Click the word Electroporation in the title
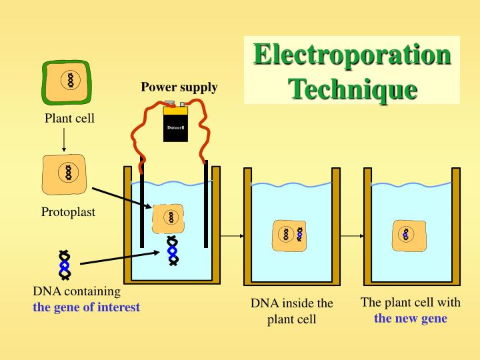352,55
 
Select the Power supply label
179,87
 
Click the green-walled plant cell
67,81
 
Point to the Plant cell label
69,119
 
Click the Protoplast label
68,212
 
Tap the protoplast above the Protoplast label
67,173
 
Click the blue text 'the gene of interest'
87,307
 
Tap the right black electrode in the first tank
206,203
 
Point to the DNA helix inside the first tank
172,251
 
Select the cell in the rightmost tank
409,235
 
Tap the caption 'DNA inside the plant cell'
291,311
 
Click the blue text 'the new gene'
410,318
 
